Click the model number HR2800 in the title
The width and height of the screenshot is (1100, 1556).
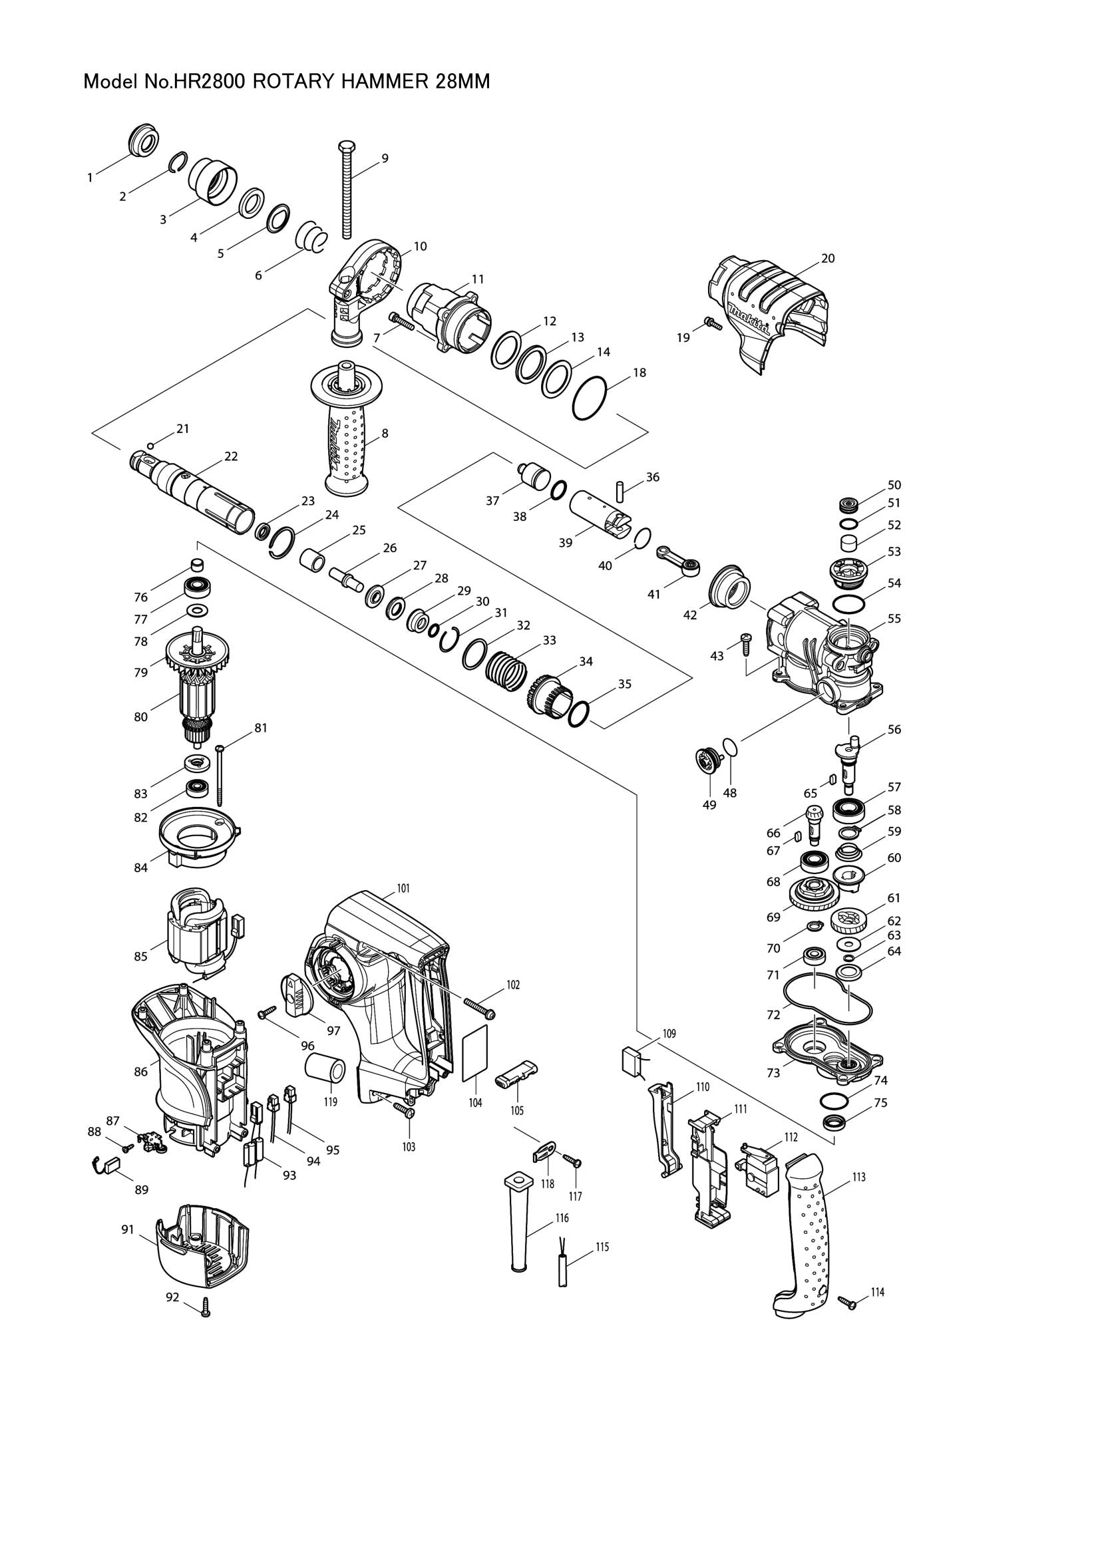[x=210, y=82]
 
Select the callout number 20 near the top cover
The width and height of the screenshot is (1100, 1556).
[x=828, y=258]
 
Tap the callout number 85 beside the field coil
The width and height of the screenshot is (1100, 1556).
[x=140, y=957]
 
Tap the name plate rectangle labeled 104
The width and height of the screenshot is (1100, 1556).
[x=475, y=1061]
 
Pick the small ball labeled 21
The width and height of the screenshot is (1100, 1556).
[x=151, y=445]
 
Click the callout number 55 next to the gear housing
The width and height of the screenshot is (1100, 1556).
[x=894, y=619]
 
